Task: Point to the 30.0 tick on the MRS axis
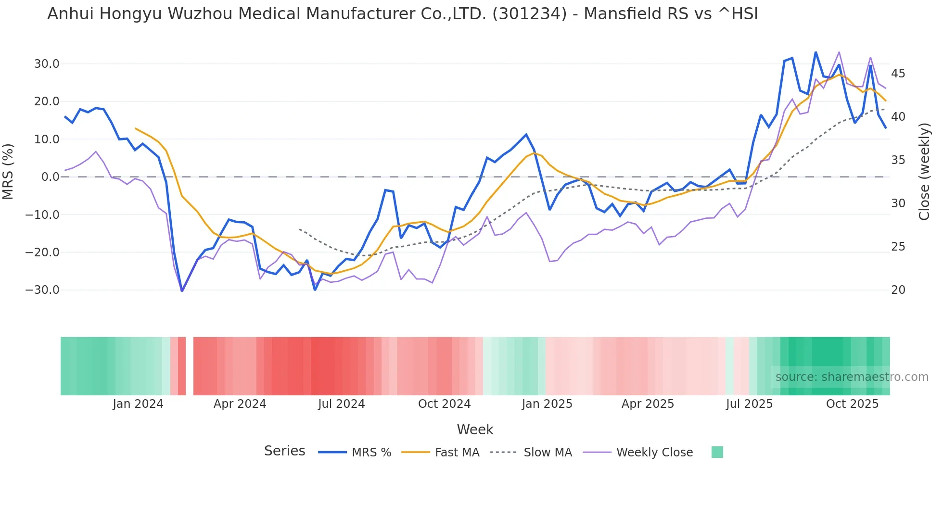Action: (x=47, y=64)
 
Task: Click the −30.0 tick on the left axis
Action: (x=42, y=290)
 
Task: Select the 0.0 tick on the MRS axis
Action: (x=50, y=177)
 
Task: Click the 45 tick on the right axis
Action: (x=898, y=74)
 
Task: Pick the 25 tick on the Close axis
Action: (x=898, y=247)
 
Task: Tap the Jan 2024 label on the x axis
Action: (x=138, y=404)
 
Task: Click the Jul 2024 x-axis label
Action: (x=341, y=404)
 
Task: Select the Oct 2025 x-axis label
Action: (x=852, y=404)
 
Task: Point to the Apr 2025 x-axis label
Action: (x=648, y=404)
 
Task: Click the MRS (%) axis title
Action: (x=8, y=171)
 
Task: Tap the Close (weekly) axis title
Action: (x=924, y=172)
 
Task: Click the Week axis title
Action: (x=475, y=429)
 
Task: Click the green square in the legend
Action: (x=717, y=452)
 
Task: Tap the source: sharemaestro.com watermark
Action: (x=852, y=377)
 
